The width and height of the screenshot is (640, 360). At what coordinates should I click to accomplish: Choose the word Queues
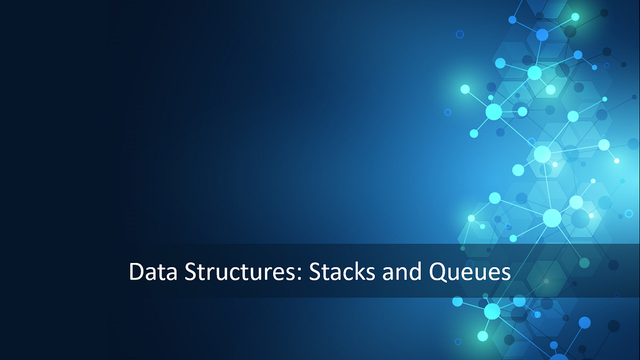point(470,273)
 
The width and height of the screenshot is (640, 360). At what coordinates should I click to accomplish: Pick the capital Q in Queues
point(437,273)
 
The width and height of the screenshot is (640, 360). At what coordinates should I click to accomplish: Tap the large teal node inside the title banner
point(584,262)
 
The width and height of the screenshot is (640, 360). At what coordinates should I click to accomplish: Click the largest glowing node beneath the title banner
point(492,311)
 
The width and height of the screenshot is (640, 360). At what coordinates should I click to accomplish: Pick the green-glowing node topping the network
point(575,17)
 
